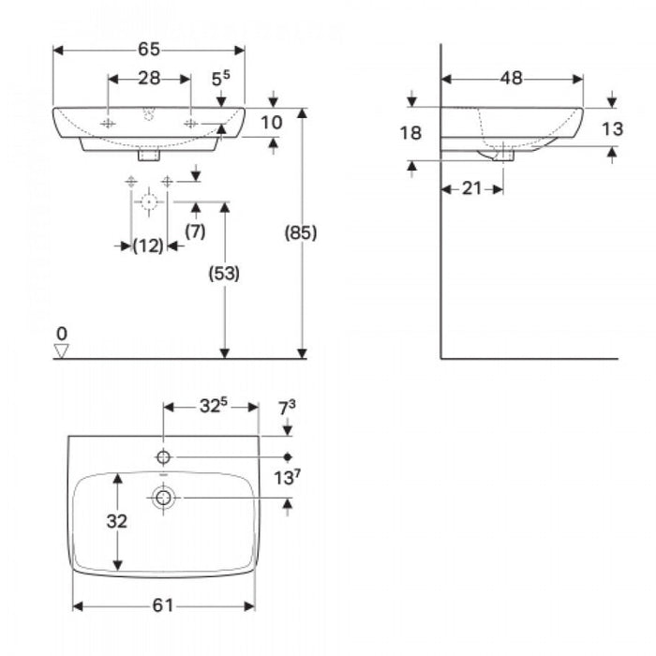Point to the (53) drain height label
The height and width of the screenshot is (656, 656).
[223, 274]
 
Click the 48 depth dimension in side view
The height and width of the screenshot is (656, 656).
[511, 79]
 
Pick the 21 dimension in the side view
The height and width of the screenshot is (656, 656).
[471, 188]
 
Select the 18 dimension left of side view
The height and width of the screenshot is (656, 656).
[410, 133]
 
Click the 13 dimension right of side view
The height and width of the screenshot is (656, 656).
[611, 130]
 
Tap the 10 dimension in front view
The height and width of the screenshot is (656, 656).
[271, 122]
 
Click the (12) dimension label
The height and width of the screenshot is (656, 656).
[148, 246]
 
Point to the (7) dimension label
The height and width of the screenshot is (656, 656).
[195, 231]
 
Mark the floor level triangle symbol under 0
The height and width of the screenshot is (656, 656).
[63, 351]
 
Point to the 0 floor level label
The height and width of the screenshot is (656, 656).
[62, 333]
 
